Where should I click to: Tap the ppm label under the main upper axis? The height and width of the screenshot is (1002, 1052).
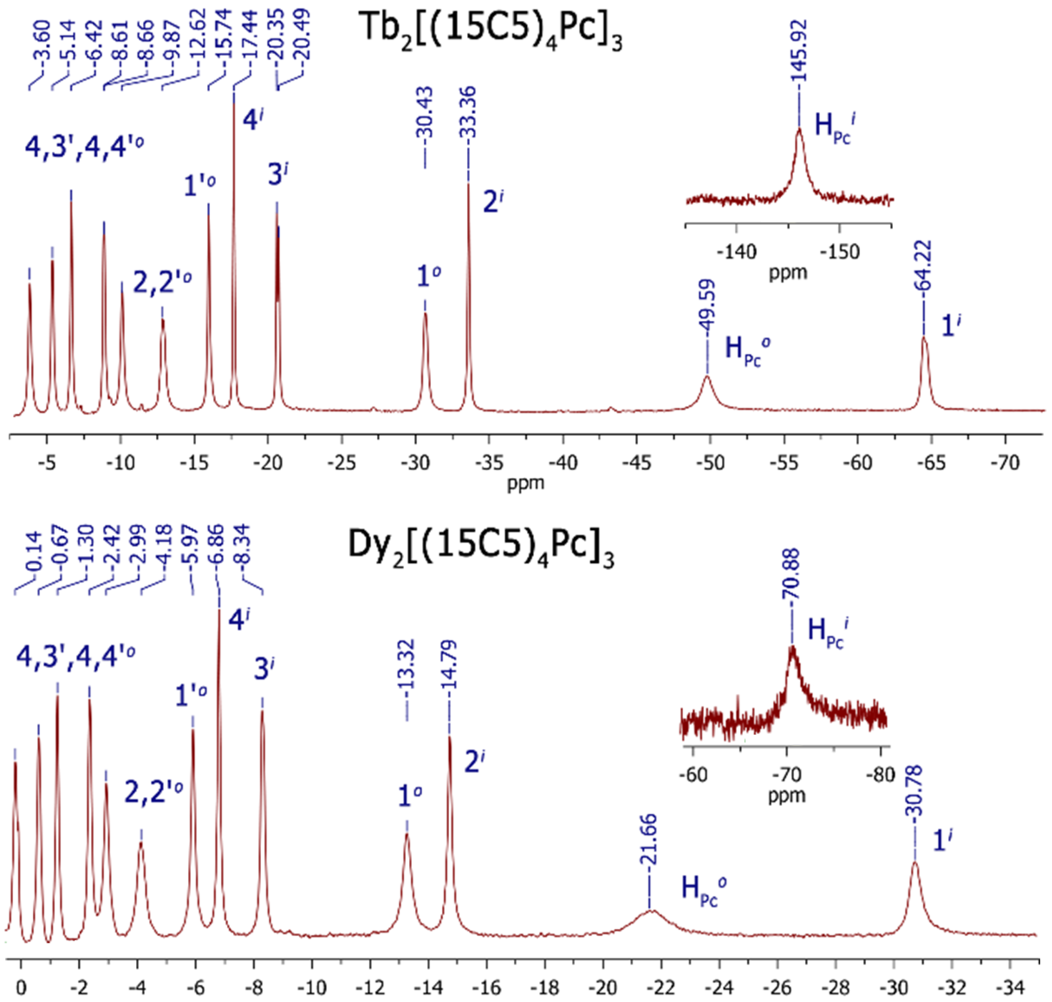click(x=525, y=483)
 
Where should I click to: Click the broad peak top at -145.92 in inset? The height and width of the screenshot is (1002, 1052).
click(x=799, y=130)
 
